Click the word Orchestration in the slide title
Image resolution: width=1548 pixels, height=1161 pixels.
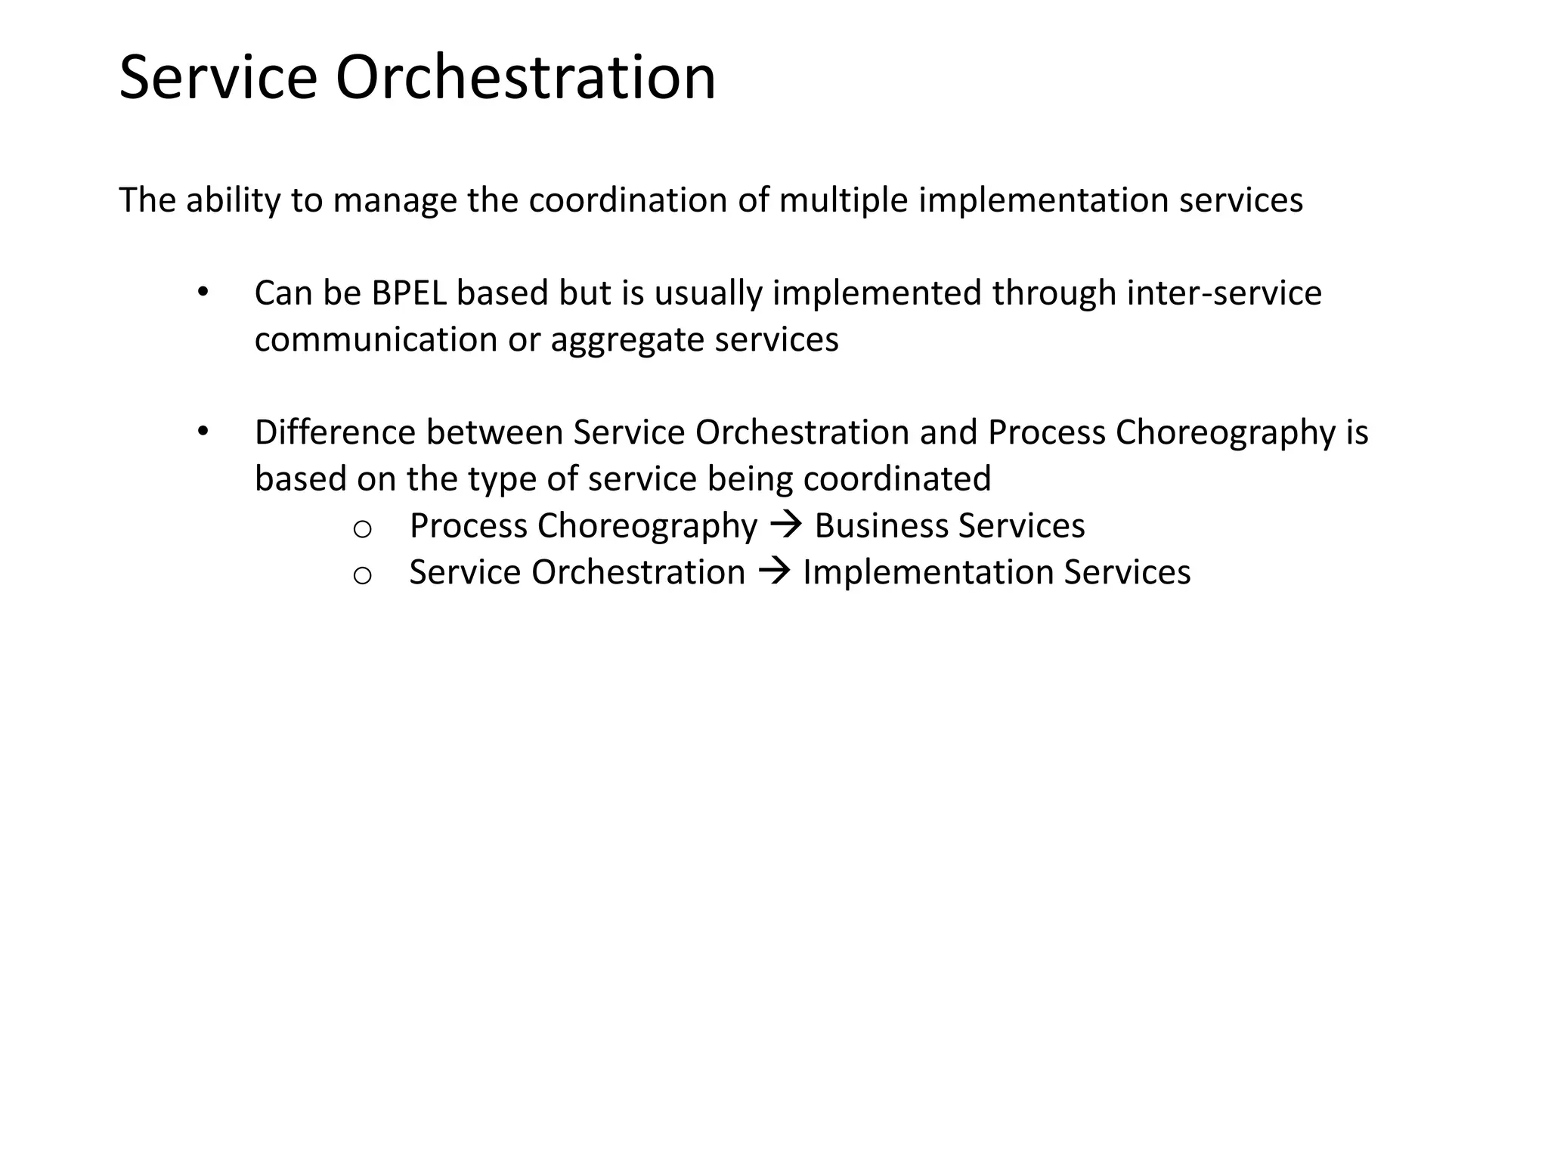pos(525,78)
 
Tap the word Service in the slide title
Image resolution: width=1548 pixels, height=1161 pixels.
pos(218,78)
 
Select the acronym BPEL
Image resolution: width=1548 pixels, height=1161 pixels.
pos(409,293)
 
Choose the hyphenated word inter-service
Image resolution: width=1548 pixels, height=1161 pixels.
pos(1224,293)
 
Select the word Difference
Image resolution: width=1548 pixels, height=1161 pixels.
pos(335,433)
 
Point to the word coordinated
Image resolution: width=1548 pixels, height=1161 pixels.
pos(896,479)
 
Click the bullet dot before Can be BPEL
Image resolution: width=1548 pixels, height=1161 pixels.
pos(202,293)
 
